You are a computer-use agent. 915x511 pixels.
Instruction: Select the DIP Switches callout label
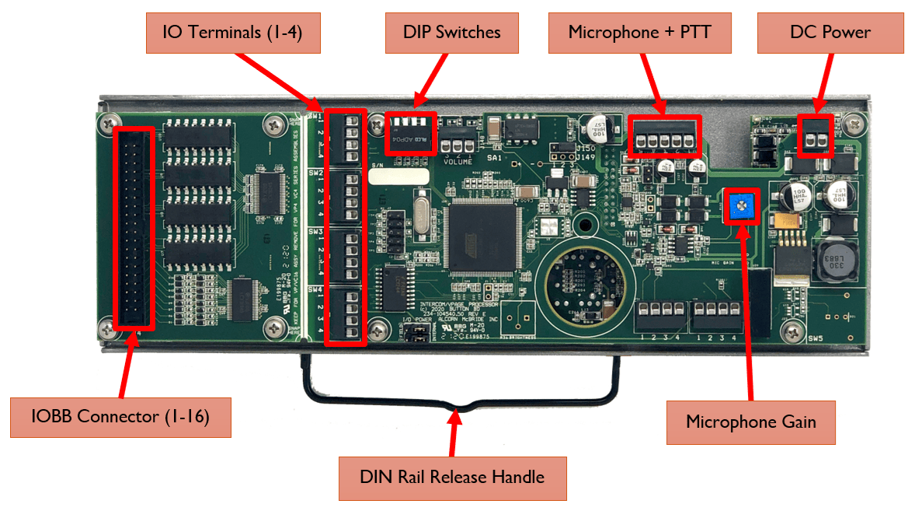click(x=451, y=33)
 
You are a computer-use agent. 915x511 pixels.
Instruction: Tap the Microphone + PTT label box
click(x=639, y=33)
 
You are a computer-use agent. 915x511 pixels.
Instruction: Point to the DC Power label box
click(x=830, y=33)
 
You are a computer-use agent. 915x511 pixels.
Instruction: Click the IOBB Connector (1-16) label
click(x=120, y=416)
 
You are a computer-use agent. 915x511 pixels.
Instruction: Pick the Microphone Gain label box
click(x=750, y=422)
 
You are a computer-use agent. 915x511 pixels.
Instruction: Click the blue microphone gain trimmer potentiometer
click(x=742, y=206)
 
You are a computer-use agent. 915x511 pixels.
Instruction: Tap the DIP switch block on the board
click(x=411, y=133)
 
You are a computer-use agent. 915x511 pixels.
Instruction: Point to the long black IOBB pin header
click(x=134, y=229)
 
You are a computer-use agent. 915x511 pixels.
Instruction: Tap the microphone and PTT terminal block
click(x=664, y=137)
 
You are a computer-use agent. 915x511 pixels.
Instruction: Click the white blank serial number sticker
click(x=399, y=177)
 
